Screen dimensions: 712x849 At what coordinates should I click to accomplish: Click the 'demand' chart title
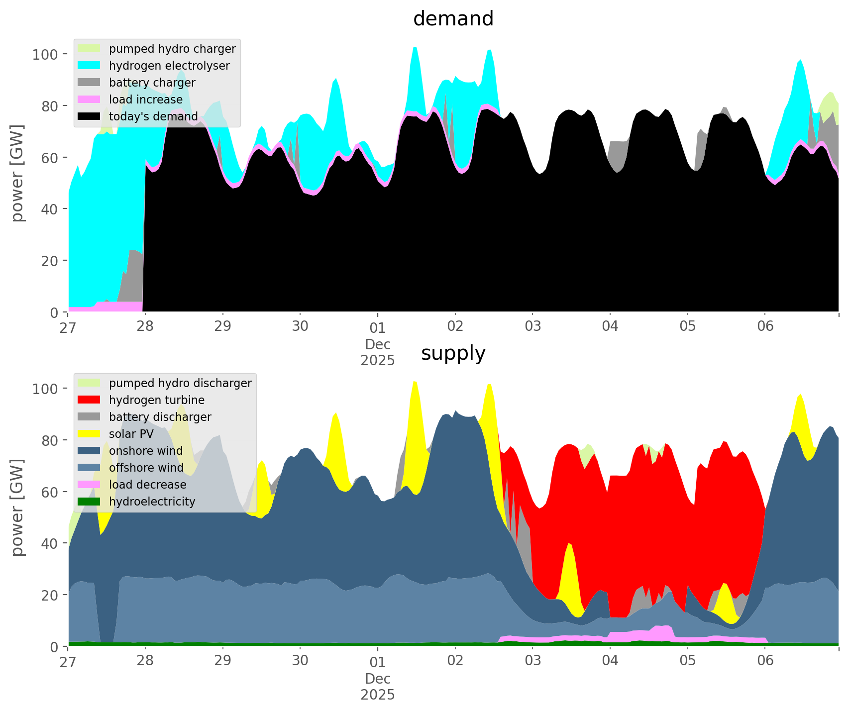point(453,19)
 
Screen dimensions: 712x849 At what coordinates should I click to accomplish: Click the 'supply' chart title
point(453,353)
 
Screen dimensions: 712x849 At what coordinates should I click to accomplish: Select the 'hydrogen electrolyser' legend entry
point(169,66)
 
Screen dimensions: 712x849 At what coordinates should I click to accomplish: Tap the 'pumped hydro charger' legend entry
point(172,49)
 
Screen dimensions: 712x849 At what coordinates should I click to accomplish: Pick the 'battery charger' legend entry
point(152,83)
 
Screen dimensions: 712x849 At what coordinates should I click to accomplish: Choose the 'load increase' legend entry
point(146,100)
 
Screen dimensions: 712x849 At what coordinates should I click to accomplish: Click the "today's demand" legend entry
point(153,116)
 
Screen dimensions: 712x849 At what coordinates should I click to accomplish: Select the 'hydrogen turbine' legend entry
point(156,400)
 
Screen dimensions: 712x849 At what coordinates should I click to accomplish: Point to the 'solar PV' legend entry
point(131,434)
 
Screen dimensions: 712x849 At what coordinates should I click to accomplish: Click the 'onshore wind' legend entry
point(146,451)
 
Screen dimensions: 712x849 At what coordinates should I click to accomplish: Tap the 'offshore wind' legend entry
point(146,468)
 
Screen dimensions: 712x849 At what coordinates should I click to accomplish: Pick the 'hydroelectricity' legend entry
point(152,502)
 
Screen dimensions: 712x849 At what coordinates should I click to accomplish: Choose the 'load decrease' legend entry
point(147,485)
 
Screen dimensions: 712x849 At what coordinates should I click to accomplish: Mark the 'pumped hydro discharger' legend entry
point(180,383)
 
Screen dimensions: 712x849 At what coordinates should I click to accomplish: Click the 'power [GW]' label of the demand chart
point(18,173)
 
